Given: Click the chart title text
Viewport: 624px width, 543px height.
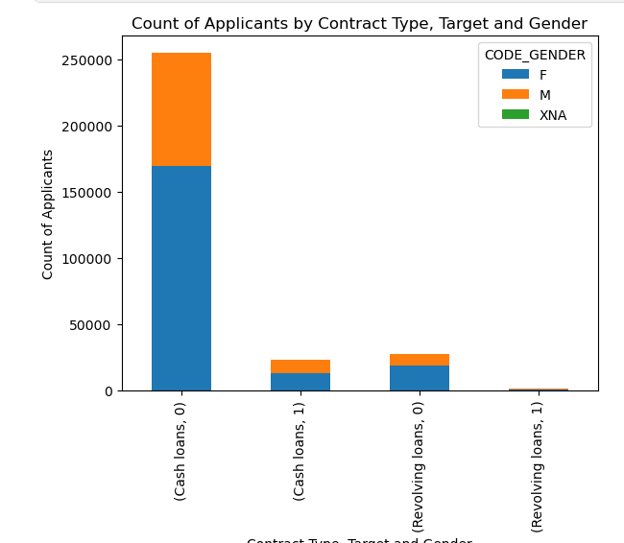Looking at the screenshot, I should (359, 24).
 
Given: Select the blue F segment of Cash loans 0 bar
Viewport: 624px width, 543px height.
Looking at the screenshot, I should (181, 278).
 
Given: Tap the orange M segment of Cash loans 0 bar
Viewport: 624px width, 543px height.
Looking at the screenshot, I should (181, 109).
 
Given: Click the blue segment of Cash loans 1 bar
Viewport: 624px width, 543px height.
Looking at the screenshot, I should (300, 382).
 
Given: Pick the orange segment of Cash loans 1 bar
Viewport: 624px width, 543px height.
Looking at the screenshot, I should (300, 366).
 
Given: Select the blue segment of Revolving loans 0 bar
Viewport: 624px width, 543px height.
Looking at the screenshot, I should (420, 378).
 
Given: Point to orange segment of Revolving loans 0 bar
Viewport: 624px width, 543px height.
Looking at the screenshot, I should (420, 360).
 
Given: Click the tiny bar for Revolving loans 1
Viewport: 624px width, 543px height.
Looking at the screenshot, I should (539, 390).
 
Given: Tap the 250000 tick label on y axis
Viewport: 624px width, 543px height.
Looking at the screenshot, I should (87, 60).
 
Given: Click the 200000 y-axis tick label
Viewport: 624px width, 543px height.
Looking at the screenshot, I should (87, 127).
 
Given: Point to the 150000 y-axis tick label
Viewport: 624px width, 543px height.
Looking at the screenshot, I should (87, 193).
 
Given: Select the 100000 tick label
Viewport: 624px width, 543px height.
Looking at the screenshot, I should (87, 259).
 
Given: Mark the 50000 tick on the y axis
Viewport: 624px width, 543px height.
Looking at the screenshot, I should (91, 325).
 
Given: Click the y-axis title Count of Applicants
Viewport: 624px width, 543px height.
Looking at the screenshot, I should (48, 214).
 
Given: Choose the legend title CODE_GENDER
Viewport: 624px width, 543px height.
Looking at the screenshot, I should (535, 56).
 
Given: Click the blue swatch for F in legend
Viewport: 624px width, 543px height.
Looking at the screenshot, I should (516, 75).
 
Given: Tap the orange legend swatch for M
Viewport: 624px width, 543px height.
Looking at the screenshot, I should (516, 95).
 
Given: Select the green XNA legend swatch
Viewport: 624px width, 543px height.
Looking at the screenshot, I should (516, 115).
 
